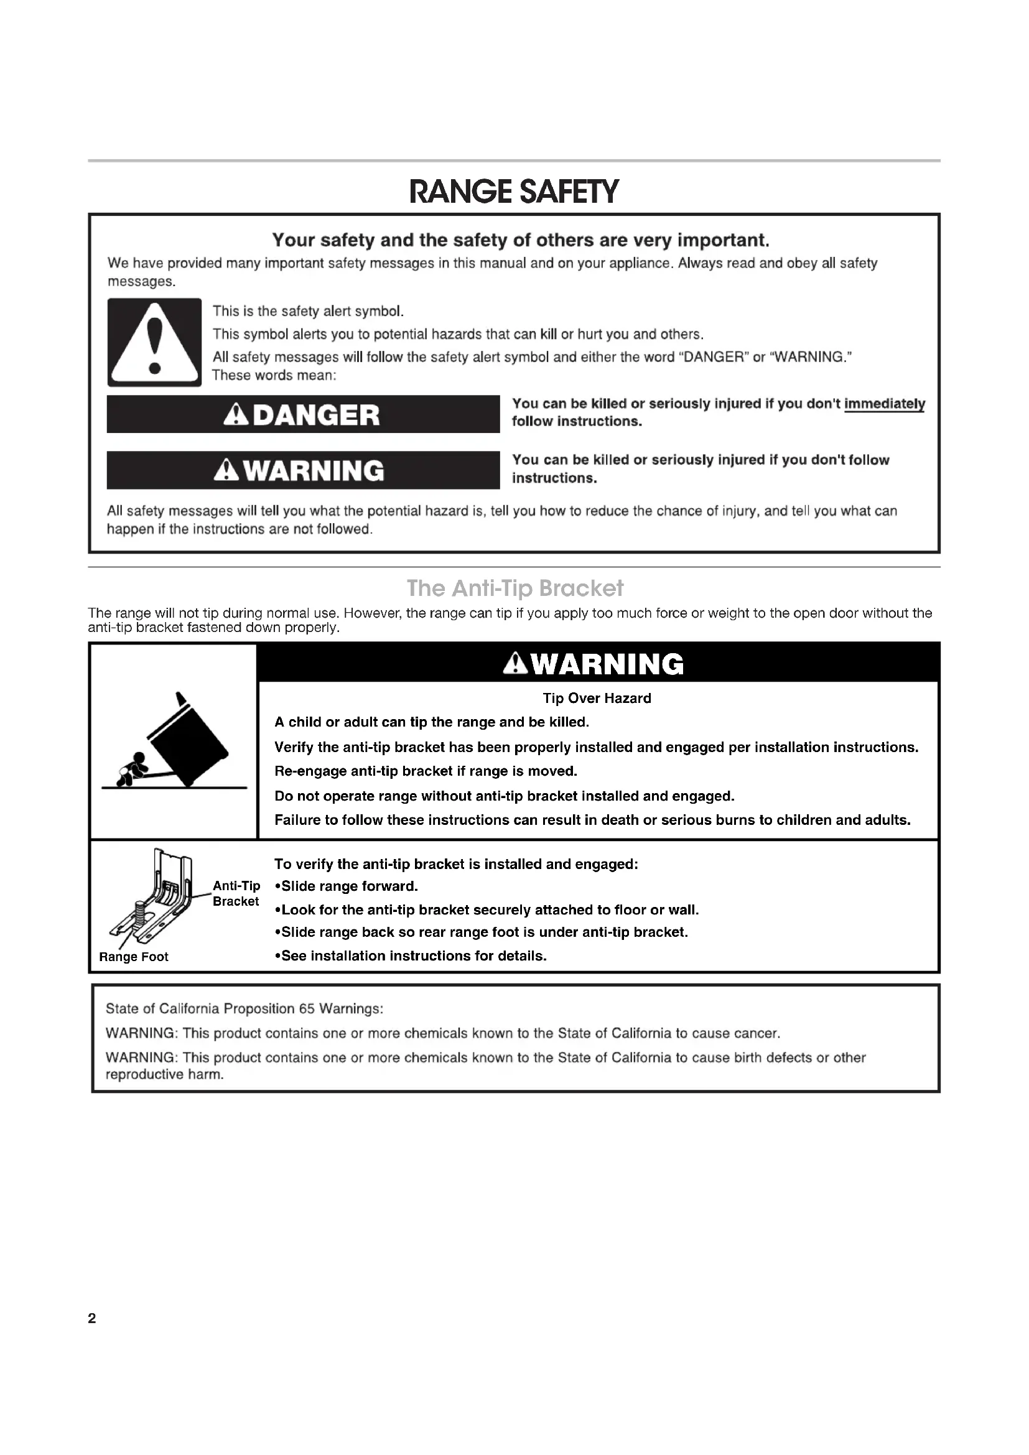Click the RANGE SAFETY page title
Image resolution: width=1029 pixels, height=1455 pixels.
coord(514,192)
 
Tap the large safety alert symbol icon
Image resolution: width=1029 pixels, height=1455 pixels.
coord(154,342)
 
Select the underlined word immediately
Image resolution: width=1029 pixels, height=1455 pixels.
coord(885,404)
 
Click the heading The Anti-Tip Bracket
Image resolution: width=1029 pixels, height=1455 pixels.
coord(514,588)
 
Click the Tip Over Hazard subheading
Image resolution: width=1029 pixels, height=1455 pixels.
coord(596,699)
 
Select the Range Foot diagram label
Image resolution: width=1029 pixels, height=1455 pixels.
coord(134,957)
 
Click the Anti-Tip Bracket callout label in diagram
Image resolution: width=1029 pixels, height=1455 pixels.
coord(236,893)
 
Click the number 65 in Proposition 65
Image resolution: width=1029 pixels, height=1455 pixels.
coord(307,1008)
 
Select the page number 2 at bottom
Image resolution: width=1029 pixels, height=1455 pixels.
coord(92,1318)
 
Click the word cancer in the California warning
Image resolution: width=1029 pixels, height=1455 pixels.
coord(757,1033)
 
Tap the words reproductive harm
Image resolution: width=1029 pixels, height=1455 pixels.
coord(164,1074)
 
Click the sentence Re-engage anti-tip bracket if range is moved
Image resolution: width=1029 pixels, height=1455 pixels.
coord(426,771)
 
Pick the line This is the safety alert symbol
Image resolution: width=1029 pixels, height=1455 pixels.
coord(308,311)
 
